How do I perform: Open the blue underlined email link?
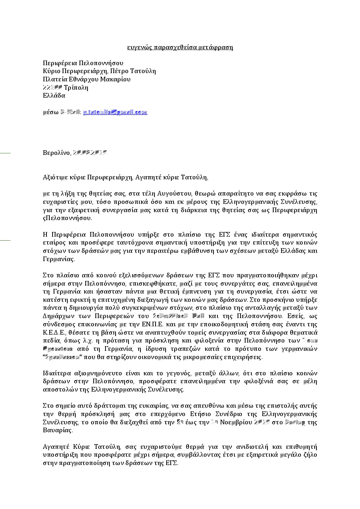[x=115, y=112]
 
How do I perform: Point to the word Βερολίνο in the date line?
[x=56, y=153]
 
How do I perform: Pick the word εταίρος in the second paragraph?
[x=53, y=243]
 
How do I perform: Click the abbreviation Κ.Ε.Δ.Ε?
[x=54, y=332]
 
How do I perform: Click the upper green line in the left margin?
[x=5, y=153]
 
